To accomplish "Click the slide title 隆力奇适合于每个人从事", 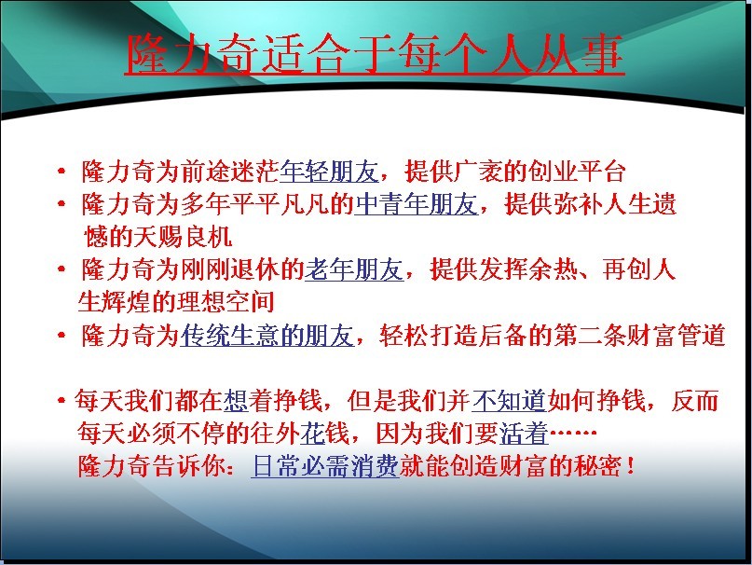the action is pos(375,54).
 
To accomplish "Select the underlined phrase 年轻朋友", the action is pos(329,172).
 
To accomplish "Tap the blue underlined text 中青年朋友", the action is pos(416,204).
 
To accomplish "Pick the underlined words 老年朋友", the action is pos(354,269).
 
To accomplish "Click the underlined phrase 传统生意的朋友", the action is pos(267,335).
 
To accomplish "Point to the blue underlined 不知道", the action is pos(510,401).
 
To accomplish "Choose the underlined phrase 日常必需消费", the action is pos(325,465).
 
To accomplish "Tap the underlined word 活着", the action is pos(524,434).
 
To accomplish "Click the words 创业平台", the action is pos(577,172).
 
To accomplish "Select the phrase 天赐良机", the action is pos(183,237).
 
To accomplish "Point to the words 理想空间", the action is pos(226,301).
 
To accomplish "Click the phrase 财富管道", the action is pos(676,335).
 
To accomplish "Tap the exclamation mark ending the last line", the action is pos(630,465).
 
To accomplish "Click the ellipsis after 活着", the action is pos(573,433).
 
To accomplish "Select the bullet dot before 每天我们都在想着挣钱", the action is pos(61,400).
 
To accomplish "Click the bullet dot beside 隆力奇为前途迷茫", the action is pos(61,171).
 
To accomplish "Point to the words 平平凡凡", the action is pos(280,204).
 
